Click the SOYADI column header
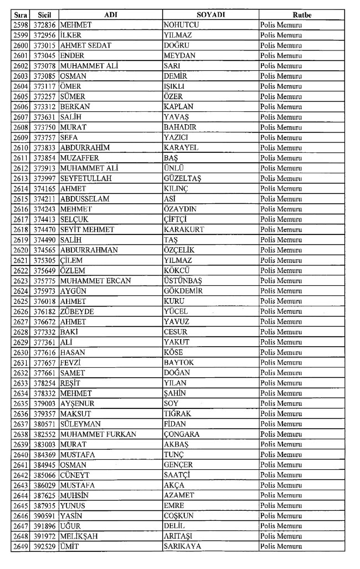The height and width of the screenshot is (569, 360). (x=210, y=15)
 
